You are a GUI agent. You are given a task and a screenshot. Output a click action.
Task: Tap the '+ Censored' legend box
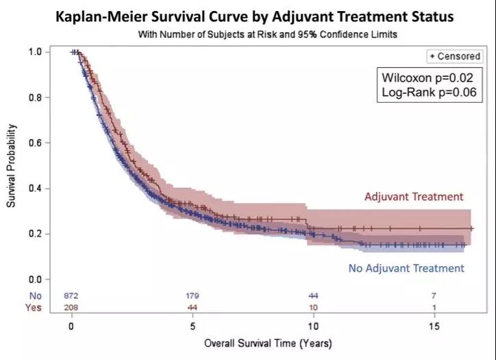(454, 56)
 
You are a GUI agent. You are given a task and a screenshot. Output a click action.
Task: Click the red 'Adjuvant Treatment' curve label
(414, 197)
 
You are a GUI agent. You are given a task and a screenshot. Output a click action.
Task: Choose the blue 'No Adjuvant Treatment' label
(406, 268)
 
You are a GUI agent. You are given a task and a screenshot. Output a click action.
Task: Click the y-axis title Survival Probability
(11, 166)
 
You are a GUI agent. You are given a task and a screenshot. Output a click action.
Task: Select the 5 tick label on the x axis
(193, 326)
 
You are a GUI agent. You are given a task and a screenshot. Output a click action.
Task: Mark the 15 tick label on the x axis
(433, 326)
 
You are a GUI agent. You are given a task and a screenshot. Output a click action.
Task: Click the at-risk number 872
(71, 296)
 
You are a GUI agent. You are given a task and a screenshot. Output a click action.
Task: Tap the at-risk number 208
(71, 307)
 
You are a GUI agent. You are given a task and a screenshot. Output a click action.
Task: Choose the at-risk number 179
(193, 296)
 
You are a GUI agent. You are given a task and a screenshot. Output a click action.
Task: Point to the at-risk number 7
(434, 296)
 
